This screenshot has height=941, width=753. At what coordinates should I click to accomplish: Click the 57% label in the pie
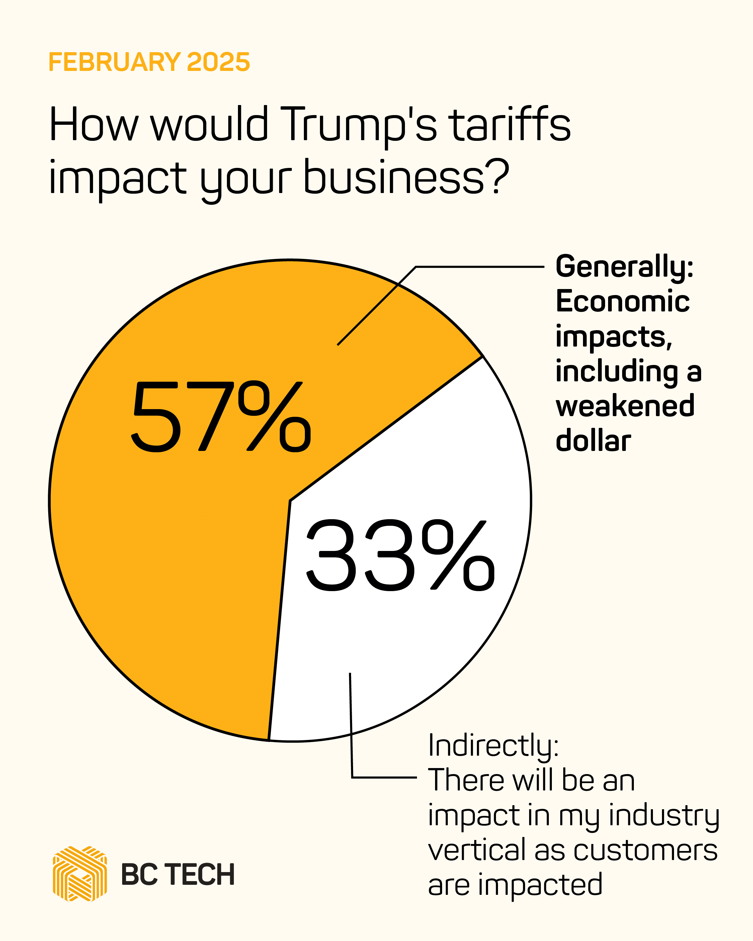(221, 417)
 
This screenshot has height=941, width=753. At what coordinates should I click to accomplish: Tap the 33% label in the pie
(400, 556)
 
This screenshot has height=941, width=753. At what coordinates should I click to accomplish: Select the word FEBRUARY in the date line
(114, 62)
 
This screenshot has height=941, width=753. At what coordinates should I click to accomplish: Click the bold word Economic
(622, 302)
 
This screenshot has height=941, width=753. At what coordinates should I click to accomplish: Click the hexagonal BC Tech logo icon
(80, 874)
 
